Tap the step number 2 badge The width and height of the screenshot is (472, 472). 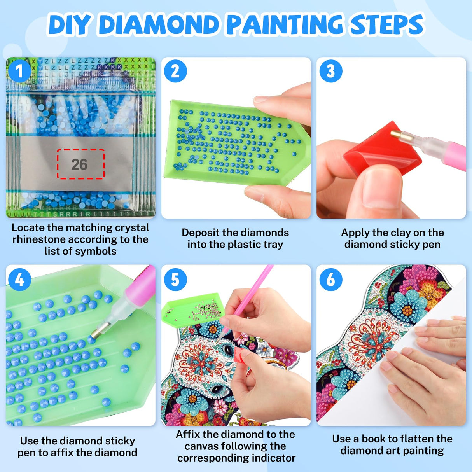coord(175,71)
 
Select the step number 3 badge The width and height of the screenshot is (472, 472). coord(330,71)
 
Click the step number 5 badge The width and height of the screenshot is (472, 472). coord(175,280)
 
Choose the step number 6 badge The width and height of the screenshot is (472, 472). coord(330,280)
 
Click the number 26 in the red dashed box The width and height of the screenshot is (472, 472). coord(80,164)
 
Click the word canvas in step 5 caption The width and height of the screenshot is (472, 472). coord(202,446)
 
